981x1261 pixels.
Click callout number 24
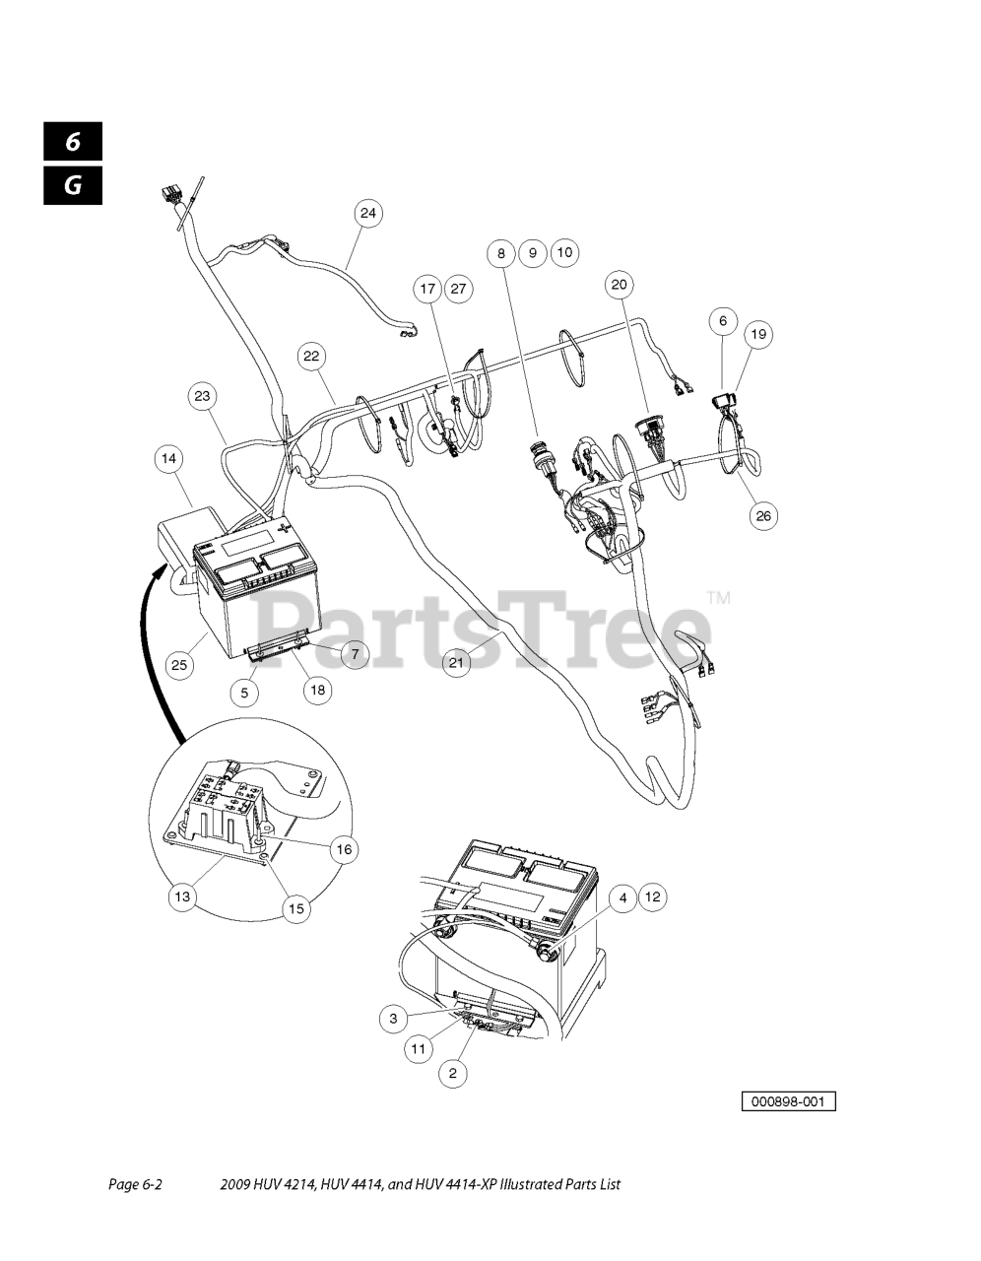[367, 213]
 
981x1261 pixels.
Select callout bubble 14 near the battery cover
[169, 458]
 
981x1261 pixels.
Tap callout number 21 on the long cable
[456, 663]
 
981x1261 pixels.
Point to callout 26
[763, 514]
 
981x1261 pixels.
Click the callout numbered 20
[619, 285]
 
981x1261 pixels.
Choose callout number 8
[500, 253]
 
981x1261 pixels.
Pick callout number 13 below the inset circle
[182, 896]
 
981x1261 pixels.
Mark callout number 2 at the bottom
[452, 1074]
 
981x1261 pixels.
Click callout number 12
[653, 897]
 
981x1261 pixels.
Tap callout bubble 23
[202, 397]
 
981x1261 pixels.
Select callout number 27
[458, 289]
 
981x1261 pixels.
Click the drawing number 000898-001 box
[788, 1101]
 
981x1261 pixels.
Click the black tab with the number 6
[73, 142]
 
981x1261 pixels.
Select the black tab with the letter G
[73, 184]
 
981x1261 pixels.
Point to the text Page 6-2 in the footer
[134, 1185]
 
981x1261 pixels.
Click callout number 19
[757, 334]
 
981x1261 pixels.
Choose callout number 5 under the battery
[244, 693]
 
